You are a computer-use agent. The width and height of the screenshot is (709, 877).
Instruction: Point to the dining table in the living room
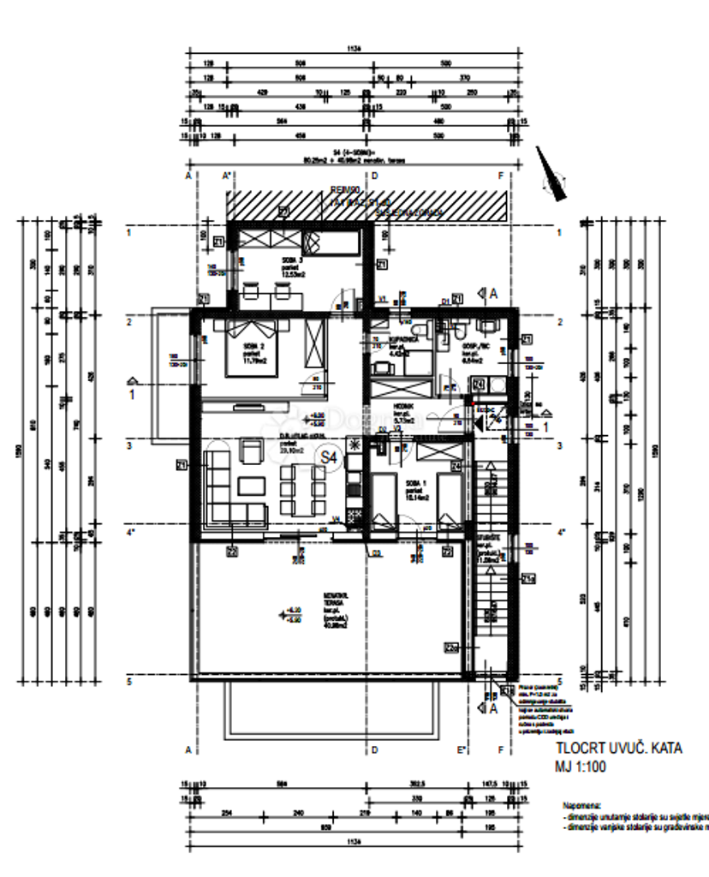tap(301, 483)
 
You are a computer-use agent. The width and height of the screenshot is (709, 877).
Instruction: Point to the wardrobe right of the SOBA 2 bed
tap(314, 347)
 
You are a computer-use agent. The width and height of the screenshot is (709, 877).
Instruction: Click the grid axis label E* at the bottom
tap(461, 750)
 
